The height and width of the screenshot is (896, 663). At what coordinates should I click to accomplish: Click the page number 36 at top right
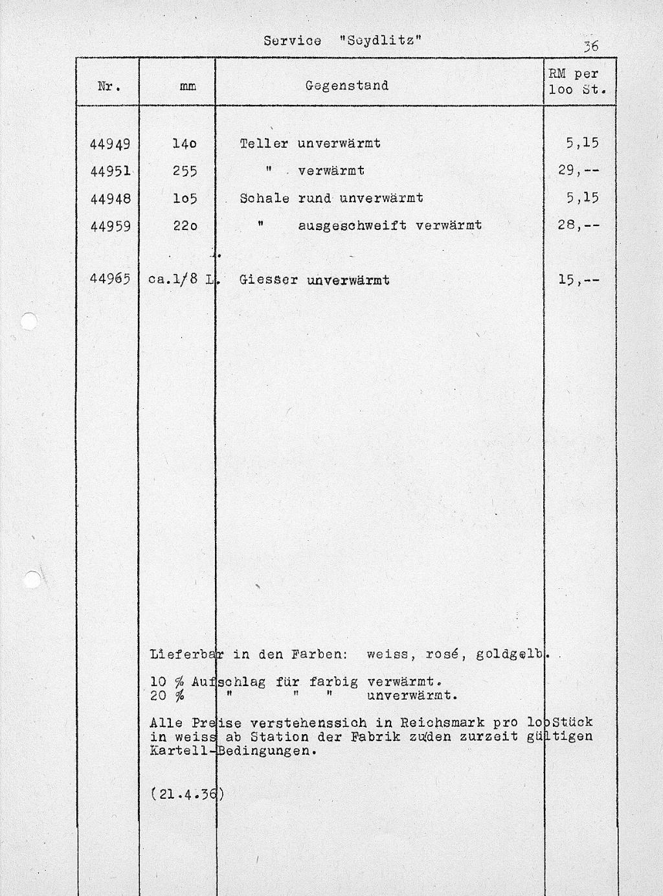(590, 46)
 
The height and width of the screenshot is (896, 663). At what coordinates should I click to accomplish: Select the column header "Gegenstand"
(346, 86)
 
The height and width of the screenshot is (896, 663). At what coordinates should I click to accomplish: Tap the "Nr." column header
(108, 86)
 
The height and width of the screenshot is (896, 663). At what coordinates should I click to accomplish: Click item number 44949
(110, 143)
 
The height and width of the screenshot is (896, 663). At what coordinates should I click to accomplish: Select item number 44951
(110, 171)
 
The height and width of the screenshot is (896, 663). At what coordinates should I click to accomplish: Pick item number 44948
(110, 198)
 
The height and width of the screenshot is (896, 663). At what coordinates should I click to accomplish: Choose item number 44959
(110, 226)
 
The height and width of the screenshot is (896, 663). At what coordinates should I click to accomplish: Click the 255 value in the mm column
(185, 171)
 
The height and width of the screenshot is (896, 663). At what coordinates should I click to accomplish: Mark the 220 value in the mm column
(185, 226)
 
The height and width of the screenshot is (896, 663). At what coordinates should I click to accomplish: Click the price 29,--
(578, 171)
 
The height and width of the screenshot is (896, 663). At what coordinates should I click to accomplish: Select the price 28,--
(578, 226)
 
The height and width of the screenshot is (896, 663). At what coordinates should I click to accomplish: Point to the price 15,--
(578, 280)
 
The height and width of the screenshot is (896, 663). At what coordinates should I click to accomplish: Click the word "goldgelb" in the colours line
(510, 654)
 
